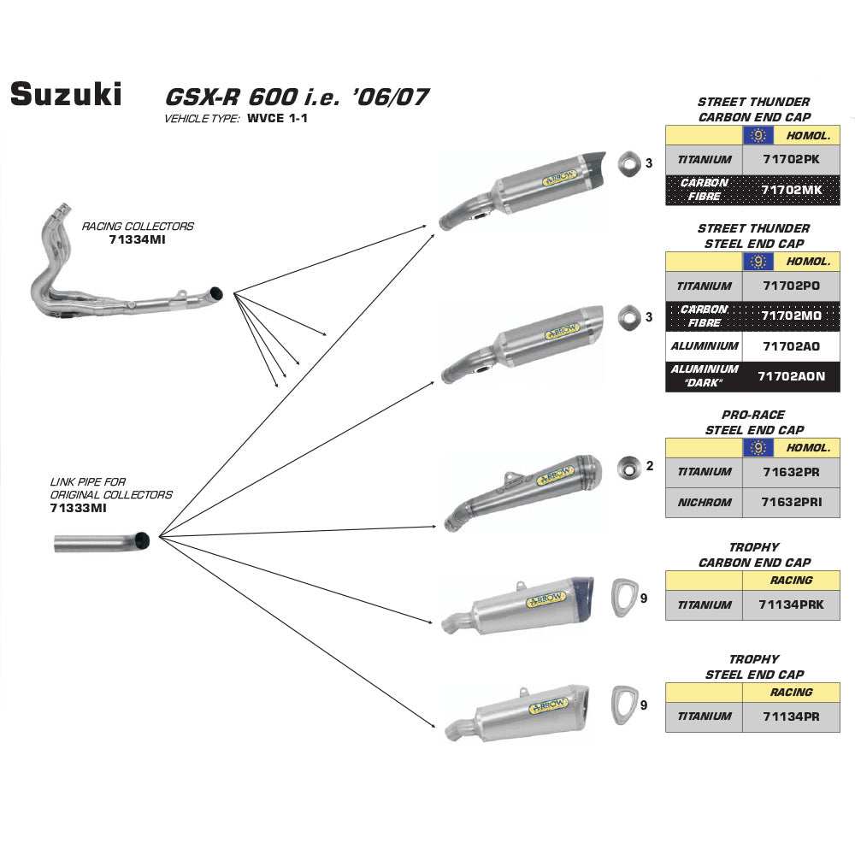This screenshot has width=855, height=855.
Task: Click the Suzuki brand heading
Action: [66, 94]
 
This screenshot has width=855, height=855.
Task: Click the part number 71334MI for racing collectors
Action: [137, 240]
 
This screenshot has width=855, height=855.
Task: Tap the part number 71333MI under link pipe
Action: [78, 508]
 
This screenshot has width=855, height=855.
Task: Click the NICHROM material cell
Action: [704, 502]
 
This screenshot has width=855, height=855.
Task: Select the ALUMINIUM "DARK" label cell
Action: [704, 376]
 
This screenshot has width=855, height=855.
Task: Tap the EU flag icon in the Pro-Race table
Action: [758, 447]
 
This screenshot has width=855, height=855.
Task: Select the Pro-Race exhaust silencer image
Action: [530, 489]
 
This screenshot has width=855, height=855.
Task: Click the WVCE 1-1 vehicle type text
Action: [277, 119]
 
